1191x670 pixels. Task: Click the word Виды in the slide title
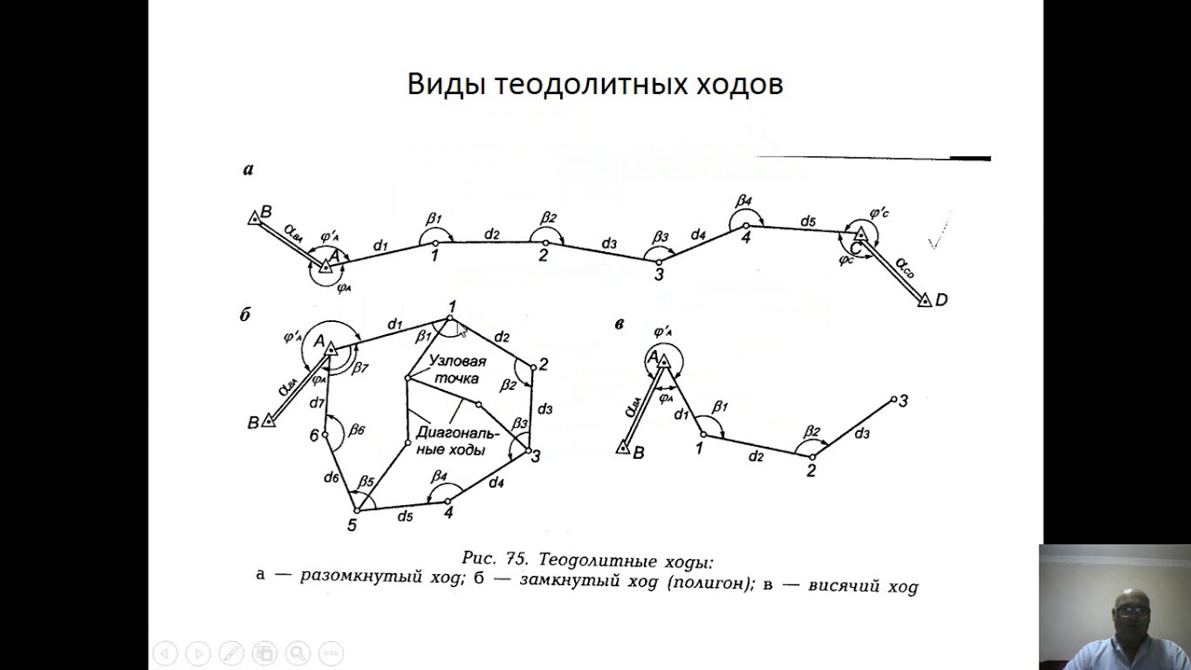445,85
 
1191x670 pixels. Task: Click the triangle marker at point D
924,301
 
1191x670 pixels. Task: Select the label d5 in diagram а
808,221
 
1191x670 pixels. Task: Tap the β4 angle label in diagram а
743,201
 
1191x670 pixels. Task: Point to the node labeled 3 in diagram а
659,261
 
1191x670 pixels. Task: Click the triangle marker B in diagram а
254,218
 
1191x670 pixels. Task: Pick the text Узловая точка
456,369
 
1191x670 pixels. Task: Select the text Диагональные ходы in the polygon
457,441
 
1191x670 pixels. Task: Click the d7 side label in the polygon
317,403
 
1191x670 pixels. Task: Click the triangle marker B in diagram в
623,449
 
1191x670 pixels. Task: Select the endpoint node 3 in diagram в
894,399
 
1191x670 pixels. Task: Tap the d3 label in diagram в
862,434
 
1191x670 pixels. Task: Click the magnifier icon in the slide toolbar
297,653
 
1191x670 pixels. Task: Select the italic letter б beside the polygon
246,315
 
